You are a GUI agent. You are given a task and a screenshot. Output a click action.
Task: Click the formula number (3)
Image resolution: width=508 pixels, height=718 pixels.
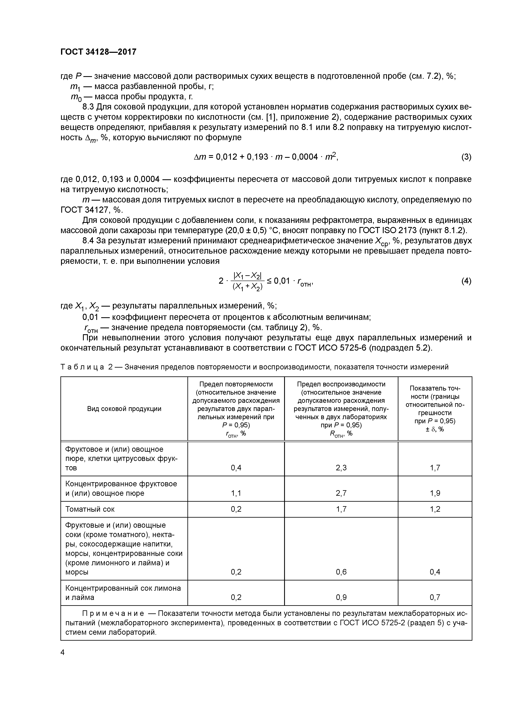point(466,157)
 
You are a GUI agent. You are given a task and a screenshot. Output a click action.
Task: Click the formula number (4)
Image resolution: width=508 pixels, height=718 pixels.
point(466,281)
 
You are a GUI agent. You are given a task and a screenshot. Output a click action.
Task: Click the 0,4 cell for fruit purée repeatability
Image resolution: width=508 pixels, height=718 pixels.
point(236,468)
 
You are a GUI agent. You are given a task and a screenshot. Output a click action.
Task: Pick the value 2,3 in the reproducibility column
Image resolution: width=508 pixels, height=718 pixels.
point(341,468)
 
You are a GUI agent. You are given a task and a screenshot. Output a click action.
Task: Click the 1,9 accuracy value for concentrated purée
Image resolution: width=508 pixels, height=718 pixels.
point(435,493)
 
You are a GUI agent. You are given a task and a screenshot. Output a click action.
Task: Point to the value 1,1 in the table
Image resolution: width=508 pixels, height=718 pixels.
point(236,493)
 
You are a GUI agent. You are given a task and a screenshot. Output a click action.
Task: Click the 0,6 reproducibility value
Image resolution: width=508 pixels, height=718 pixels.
point(341,572)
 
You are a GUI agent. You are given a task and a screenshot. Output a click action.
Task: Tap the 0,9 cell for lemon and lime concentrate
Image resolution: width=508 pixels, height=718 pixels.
point(341,597)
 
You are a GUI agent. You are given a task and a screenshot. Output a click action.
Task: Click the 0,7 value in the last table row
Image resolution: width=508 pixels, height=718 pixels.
point(435,597)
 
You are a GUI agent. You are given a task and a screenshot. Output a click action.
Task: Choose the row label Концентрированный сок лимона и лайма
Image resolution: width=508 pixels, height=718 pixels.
point(123,593)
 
